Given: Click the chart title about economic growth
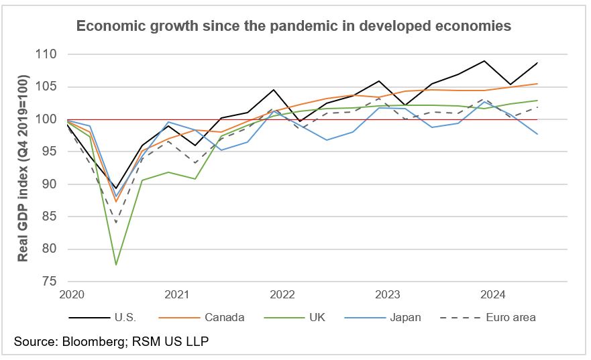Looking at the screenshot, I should [x=294, y=26].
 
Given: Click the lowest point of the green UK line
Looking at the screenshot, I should [x=116, y=265].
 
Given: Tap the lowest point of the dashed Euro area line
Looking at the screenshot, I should [x=116, y=223].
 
